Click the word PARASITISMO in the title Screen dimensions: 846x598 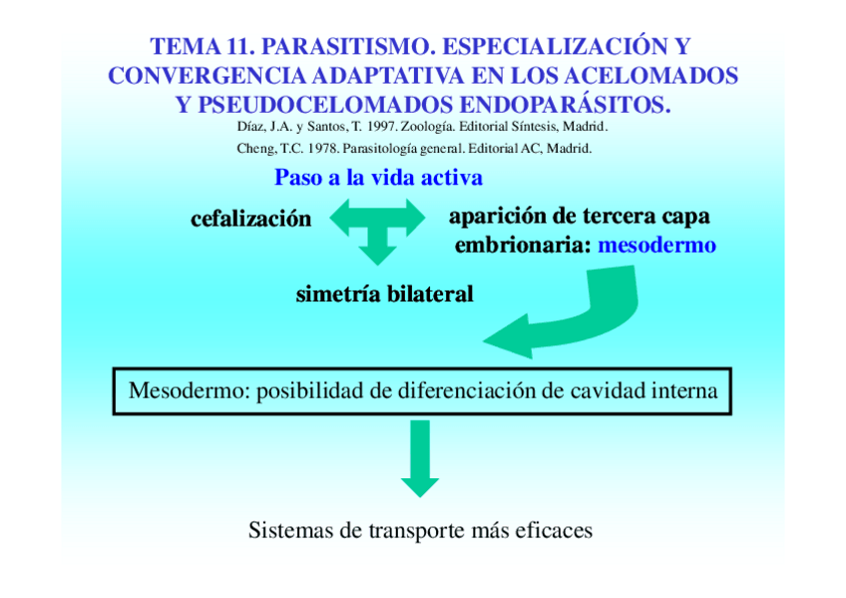[x=349, y=47]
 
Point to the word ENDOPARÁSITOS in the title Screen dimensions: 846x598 [x=564, y=105]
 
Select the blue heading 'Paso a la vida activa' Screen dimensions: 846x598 [x=378, y=179]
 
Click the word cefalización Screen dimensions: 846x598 [x=250, y=219]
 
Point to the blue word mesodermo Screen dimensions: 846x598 [x=656, y=245]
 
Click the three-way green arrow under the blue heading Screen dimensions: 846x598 [x=377, y=227]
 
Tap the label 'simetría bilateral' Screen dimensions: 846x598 [x=384, y=295]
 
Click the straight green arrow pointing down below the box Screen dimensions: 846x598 [x=420, y=456]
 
